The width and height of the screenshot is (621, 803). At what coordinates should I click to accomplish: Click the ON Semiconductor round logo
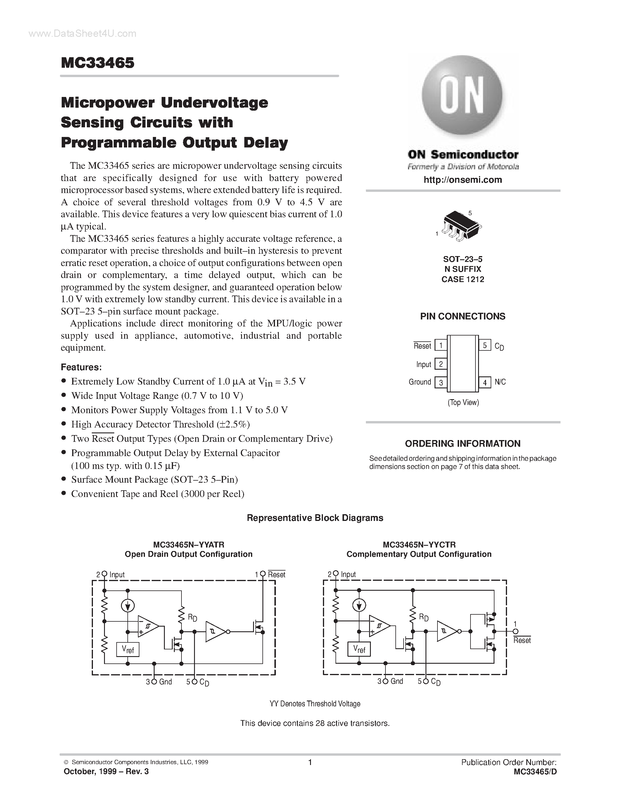(x=462, y=96)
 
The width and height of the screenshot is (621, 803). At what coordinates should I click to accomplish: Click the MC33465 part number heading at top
(x=98, y=63)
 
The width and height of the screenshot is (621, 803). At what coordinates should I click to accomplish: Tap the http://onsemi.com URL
(x=462, y=180)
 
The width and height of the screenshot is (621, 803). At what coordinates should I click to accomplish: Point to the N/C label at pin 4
(x=500, y=382)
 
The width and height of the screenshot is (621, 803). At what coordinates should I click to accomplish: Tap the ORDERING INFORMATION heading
(x=462, y=444)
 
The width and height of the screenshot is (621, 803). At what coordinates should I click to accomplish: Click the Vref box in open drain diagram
(x=128, y=649)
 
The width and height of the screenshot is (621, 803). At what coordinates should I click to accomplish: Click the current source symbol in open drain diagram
(x=128, y=606)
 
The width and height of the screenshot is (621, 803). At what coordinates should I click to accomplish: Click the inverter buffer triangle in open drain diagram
(x=215, y=632)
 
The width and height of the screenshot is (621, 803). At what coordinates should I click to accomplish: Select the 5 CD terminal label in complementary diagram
(x=430, y=682)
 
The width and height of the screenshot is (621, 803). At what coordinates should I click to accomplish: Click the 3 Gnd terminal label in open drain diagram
(x=160, y=682)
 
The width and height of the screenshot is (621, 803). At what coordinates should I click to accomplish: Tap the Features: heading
(x=81, y=367)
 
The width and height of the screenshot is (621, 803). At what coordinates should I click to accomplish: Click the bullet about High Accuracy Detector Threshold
(x=160, y=424)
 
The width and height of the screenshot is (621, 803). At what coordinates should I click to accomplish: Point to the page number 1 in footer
(x=310, y=762)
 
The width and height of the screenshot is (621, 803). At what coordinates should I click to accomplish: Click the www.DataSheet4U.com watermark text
(x=82, y=34)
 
